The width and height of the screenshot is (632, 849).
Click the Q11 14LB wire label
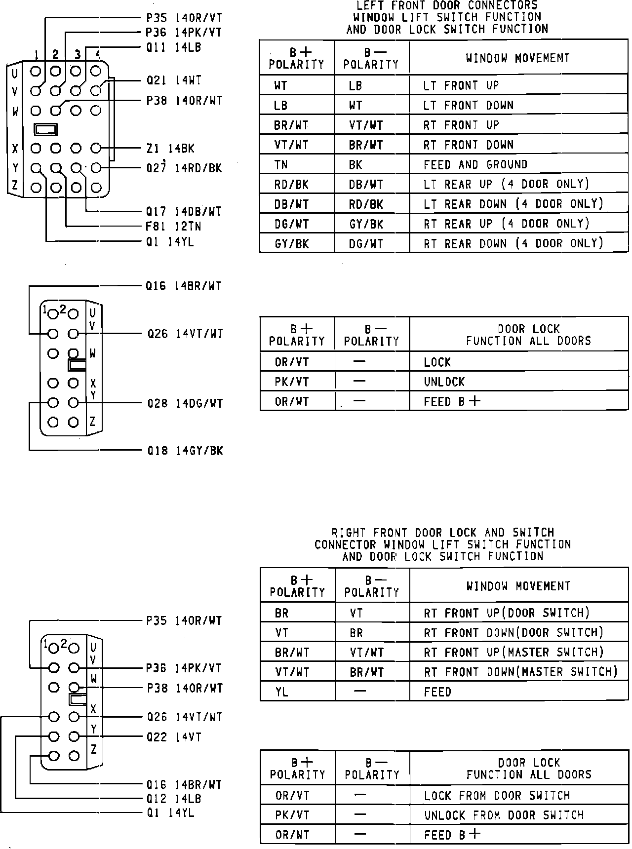tap(173, 47)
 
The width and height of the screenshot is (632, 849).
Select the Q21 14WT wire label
tap(174, 80)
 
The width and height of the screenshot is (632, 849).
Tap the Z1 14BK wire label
tap(170, 149)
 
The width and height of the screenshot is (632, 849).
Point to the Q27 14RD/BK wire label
tap(184, 168)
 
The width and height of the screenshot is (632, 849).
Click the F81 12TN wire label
tap(173, 227)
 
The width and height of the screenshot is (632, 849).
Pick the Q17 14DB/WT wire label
tap(184, 212)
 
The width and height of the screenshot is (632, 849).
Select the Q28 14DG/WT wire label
tap(185, 404)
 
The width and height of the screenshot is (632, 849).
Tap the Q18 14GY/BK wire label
tap(185, 451)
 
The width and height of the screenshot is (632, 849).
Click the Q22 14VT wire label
tap(174, 737)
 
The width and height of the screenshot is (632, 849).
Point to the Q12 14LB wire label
tap(174, 799)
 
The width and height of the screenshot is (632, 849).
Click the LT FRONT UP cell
tap(461, 85)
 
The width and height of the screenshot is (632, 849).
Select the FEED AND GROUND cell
tap(475, 164)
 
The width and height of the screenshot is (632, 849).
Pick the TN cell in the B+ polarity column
tap(281, 164)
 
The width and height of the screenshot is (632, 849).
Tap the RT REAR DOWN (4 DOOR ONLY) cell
tap(513, 243)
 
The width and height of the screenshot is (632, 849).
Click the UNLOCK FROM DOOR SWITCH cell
tap(504, 815)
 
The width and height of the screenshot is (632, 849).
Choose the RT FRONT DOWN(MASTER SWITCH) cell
tap(520, 672)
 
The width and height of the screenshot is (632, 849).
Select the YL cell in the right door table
tap(281, 692)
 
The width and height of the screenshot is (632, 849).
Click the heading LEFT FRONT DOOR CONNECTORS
tap(447, 5)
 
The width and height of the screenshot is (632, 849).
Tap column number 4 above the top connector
tap(98, 54)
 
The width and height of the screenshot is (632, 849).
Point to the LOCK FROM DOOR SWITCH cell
tap(497, 795)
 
